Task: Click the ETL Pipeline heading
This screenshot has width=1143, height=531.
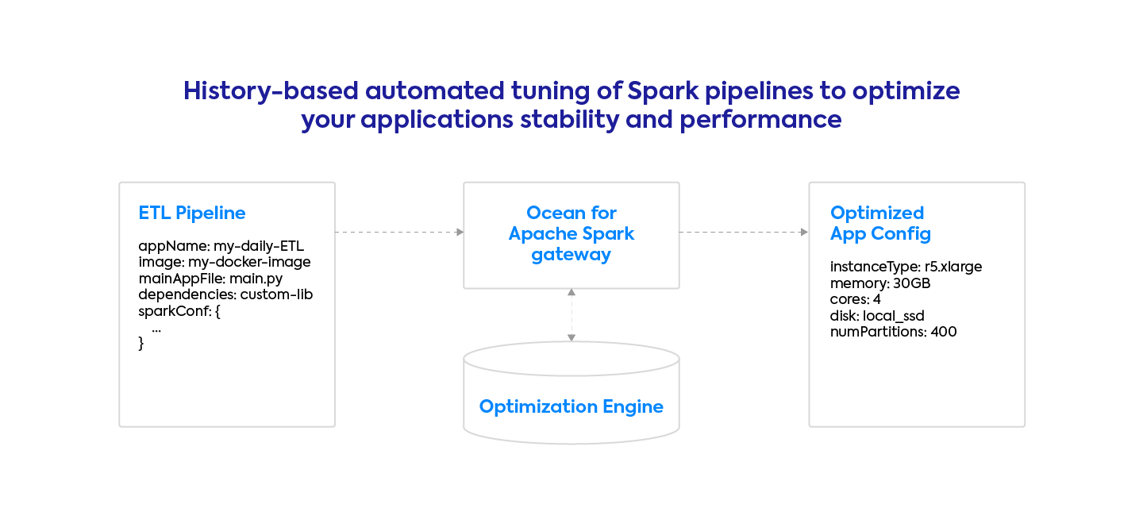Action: coord(192,213)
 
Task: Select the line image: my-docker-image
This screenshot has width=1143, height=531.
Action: coord(225,262)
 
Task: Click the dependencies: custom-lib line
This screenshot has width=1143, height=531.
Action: coord(226,294)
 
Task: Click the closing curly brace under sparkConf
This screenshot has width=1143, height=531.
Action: coord(141,344)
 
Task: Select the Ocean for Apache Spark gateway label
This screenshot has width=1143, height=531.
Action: coord(571,233)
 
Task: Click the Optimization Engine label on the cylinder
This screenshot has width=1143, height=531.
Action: coord(571,407)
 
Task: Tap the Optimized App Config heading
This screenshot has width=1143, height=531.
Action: coord(880,223)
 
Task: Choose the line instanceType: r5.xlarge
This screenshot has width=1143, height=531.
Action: coord(906,267)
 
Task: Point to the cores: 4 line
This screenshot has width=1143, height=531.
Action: coord(856,299)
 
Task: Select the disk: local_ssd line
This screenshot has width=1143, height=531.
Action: coord(877,316)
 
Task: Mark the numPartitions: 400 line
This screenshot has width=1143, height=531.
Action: coord(893,332)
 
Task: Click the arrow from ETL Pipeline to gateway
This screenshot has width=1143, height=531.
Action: coord(399,233)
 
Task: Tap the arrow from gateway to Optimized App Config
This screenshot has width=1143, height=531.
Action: coord(744,233)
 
